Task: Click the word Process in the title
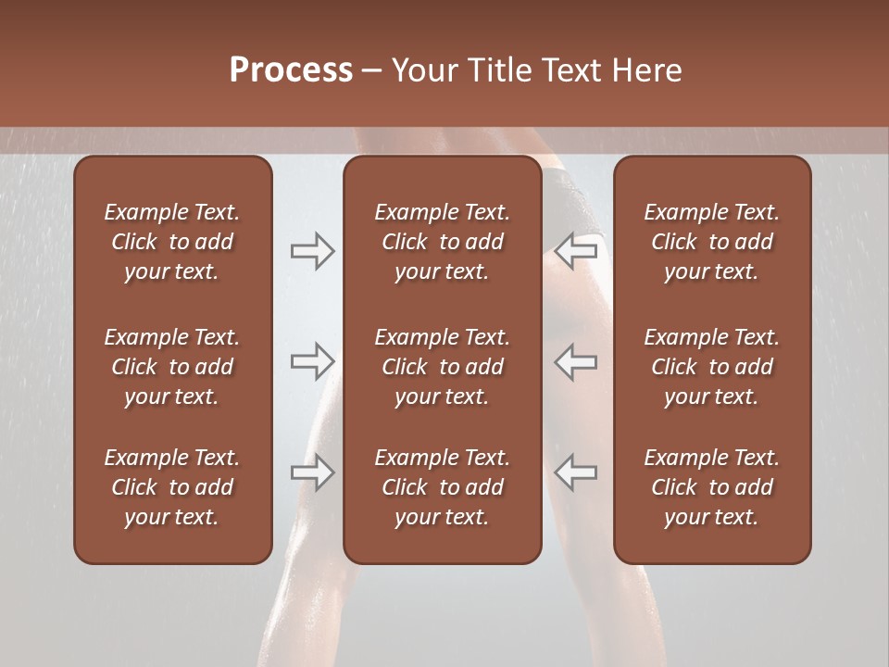291,70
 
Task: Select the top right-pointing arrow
312,251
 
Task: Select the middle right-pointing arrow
312,361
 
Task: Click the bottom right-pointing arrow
312,472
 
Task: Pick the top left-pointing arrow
575,251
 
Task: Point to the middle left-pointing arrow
575,361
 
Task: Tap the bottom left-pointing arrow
575,472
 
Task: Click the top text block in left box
172,242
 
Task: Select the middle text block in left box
172,367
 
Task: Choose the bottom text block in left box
172,487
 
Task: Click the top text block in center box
442,242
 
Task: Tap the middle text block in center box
442,367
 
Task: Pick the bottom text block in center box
442,487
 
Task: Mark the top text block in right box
711,242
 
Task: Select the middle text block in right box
711,367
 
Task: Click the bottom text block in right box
711,487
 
